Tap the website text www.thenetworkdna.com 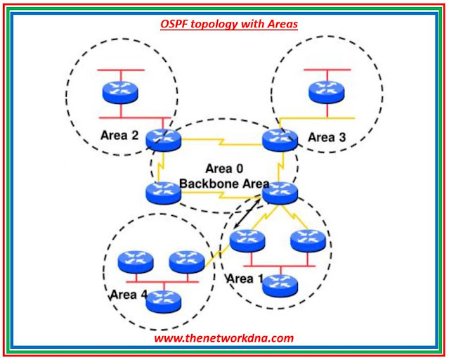click(224, 337)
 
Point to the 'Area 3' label click(327, 137)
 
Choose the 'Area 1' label click(245, 279)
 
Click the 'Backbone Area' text click(220, 183)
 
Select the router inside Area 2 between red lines click(121, 91)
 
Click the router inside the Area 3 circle click(327, 91)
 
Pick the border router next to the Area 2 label click(164, 140)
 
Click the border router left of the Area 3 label click(280, 139)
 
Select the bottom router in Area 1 click(279, 285)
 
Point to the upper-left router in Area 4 click(135, 262)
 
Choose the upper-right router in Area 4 click(186, 262)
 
